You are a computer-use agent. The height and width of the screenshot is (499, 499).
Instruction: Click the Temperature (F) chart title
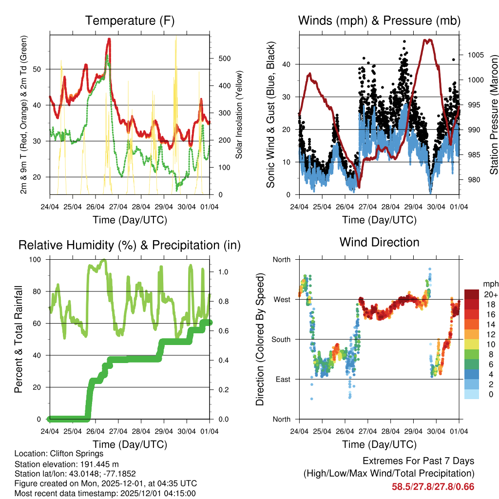pyautogui.click(x=130, y=20)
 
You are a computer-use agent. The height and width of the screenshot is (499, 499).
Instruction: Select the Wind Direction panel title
pyautogui.click(x=379, y=242)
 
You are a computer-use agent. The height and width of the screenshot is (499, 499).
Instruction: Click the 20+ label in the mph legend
pyautogui.click(x=490, y=294)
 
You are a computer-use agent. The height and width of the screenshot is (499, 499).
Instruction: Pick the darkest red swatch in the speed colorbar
pyautogui.click(x=472, y=294)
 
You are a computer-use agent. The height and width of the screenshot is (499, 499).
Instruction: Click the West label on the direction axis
pyautogui.click(x=281, y=299)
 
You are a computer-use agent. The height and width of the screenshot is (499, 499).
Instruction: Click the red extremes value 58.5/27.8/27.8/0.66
pyautogui.click(x=433, y=486)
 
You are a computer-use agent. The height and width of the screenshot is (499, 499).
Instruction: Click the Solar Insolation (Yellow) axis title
pyautogui.click(x=239, y=115)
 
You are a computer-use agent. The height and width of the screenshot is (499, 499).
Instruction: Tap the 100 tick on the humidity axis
pyautogui.click(x=36, y=259)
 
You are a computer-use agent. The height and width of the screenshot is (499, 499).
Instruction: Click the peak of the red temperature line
pyautogui.click(x=109, y=39)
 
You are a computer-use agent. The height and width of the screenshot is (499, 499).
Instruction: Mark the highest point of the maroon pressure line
pyautogui.click(x=428, y=40)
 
